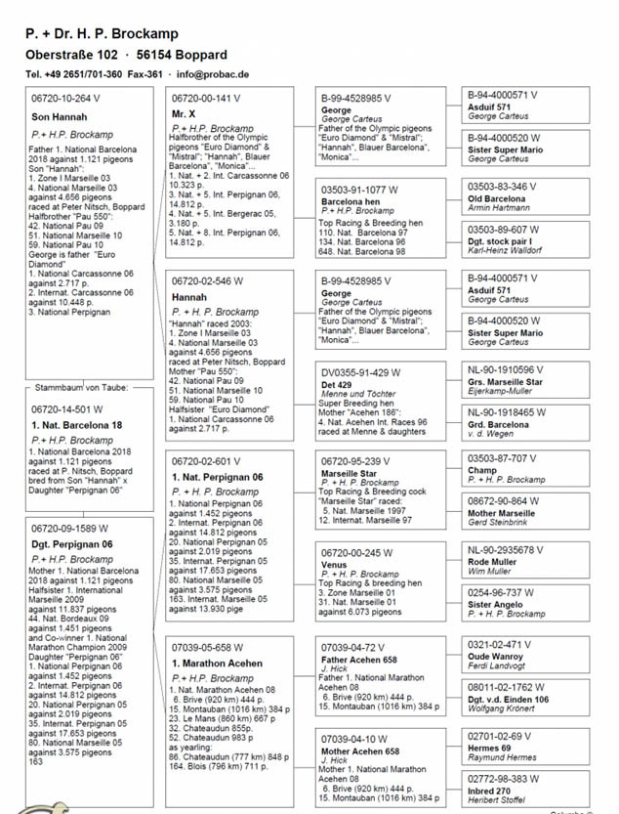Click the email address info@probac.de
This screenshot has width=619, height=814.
(213, 73)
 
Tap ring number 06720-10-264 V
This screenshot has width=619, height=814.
(66, 98)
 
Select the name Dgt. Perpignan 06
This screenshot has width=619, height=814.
(72, 544)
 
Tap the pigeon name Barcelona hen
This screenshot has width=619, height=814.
(351, 200)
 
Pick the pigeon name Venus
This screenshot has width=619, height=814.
(334, 564)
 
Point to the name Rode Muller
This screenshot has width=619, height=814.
(494, 561)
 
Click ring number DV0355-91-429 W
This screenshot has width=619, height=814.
(359, 372)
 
